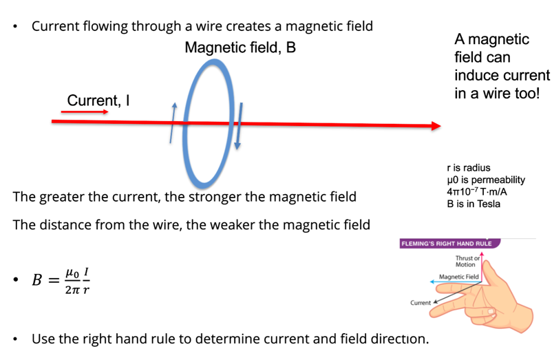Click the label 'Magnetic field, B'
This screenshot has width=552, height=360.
tap(240, 48)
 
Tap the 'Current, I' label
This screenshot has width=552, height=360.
tap(98, 100)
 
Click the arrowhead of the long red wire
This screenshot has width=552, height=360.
tap(436, 126)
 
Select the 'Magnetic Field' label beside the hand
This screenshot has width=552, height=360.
tap(458, 277)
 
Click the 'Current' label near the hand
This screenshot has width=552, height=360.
tap(420, 302)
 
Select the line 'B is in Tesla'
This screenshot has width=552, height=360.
tap(473, 204)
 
